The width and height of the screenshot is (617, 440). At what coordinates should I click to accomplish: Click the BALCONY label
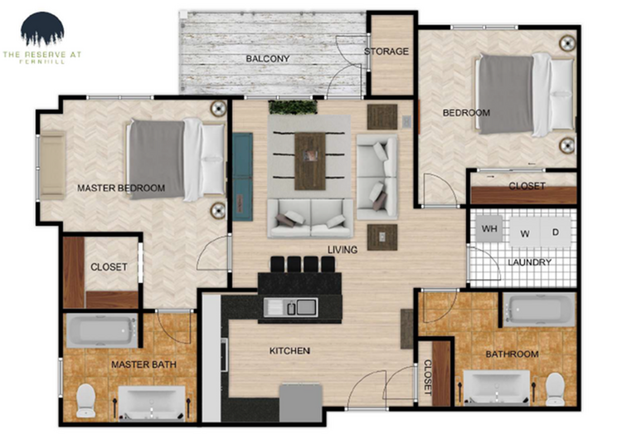(x=267, y=58)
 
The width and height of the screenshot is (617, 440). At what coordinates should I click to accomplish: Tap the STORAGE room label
(x=386, y=51)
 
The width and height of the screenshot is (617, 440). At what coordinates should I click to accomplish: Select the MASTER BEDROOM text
(x=121, y=188)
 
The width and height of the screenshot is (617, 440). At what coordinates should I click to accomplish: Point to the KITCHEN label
(x=289, y=351)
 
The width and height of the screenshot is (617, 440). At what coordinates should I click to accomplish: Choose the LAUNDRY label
(x=530, y=263)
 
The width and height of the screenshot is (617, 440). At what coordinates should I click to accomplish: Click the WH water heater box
(x=490, y=228)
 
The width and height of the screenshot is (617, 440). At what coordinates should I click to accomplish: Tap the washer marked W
(x=525, y=232)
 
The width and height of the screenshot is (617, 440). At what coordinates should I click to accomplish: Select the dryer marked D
(x=556, y=232)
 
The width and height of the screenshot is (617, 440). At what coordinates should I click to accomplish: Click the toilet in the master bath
(x=85, y=401)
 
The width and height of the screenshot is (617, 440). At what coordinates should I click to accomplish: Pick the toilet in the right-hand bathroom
(x=555, y=389)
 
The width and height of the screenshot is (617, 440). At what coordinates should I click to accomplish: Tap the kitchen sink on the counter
(x=290, y=308)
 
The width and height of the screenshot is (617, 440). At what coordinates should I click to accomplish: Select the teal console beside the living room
(x=242, y=175)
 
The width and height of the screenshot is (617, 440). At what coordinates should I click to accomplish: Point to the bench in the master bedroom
(x=53, y=165)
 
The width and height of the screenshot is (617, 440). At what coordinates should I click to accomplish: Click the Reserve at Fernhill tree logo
(x=42, y=30)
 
